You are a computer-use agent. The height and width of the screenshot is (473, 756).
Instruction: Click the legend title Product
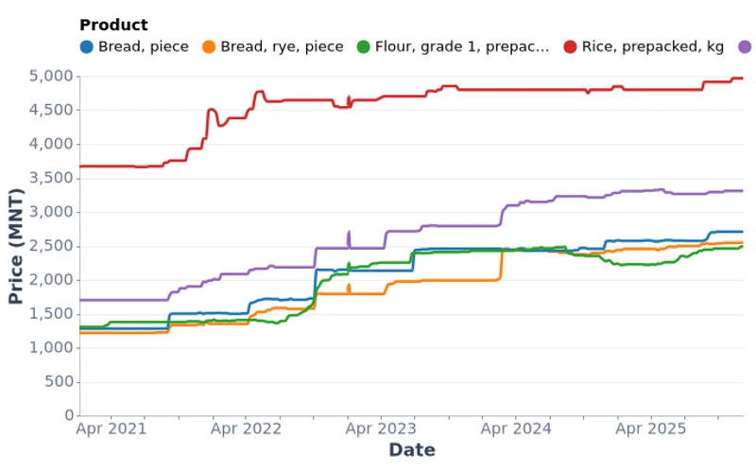[x=113, y=26]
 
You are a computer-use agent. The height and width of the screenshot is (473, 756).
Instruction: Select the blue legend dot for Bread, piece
[x=87, y=46]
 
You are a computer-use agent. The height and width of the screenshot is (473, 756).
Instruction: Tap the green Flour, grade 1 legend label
[x=461, y=46]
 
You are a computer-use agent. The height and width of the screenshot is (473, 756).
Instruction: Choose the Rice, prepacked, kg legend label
[x=653, y=46]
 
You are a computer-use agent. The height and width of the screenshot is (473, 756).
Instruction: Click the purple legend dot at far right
[x=745, y=46]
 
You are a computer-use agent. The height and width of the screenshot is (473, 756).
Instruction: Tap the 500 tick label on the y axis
[x=59, y=382]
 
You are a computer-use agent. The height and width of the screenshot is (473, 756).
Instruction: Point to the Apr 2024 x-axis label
[x=516, y=429]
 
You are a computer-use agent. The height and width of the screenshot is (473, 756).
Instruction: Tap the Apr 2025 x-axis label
[x=650, y=429]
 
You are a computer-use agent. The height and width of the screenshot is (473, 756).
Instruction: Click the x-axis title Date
[x=412, y=450]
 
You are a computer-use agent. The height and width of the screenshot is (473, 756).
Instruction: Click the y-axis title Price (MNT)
[x=15, y=246]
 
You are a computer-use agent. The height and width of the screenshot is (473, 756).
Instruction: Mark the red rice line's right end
[x=743, y=79]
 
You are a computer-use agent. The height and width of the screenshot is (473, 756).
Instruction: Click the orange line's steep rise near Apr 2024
[x=501, y=265]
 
